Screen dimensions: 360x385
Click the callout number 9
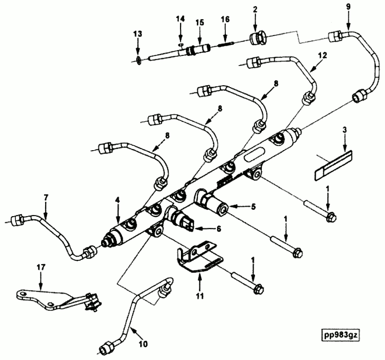click(348, 7)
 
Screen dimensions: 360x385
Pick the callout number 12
click(322, 55)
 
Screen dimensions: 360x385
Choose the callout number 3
click(345, 131)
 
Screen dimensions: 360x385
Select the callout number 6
click(218, 229)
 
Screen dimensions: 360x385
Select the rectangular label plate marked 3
click(334, 164)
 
